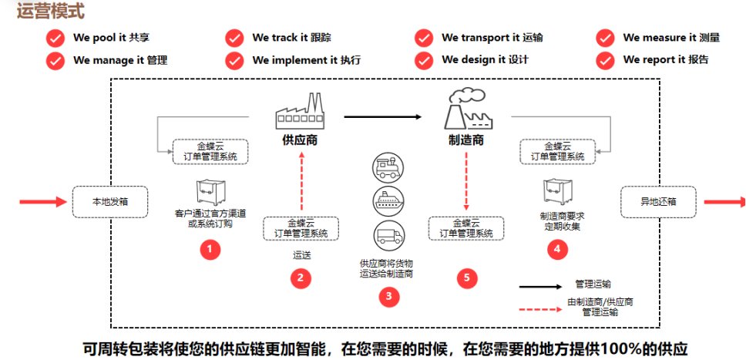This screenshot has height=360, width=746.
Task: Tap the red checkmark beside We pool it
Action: pyautogui.click(x=55, y=38)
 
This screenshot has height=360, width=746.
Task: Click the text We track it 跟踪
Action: pyautogui.click(x=291, y=38)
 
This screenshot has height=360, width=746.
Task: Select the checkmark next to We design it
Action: pyautogui.click(x=423, y=60)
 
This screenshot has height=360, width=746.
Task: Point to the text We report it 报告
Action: pyautogui.click(x=665, y=60)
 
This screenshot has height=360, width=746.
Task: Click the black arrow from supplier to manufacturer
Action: pyautogui.click(x=383, y=117)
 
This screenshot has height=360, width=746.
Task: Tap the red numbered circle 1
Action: pyautogui.click(x=210, y=249)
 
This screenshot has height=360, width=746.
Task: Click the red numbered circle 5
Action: pyautogui.click(x=464, y=278)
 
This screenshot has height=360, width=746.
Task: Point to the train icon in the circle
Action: pyautogui.click(x=387, y=167)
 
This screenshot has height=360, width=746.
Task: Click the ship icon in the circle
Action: pyautogui.click(x=387, y=200)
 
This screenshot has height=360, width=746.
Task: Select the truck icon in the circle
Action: pyautogui.click(x=387, y=234)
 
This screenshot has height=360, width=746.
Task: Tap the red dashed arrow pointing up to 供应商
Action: pyautogui.click(x=302, y=181)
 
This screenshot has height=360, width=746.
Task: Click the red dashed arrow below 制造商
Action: pyautogui.click(x=467, y=181)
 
